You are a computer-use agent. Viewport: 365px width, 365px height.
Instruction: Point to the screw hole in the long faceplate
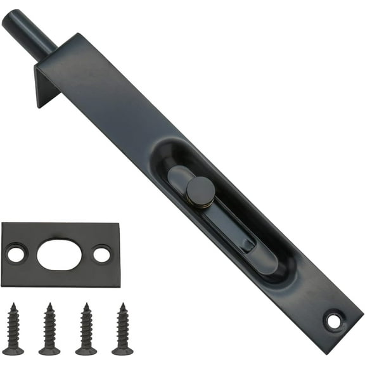coord(332,321)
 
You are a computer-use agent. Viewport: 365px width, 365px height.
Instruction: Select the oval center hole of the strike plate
coord(59,254)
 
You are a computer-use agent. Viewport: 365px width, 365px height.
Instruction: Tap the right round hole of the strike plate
coord(101,254)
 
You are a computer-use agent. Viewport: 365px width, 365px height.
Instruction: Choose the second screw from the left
coord(49,329)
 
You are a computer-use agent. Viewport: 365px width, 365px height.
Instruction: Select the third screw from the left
coord(86,329)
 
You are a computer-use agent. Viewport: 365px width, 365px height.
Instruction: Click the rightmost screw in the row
coord(122,329)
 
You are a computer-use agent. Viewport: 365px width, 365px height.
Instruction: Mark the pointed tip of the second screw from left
coord(48,306)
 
